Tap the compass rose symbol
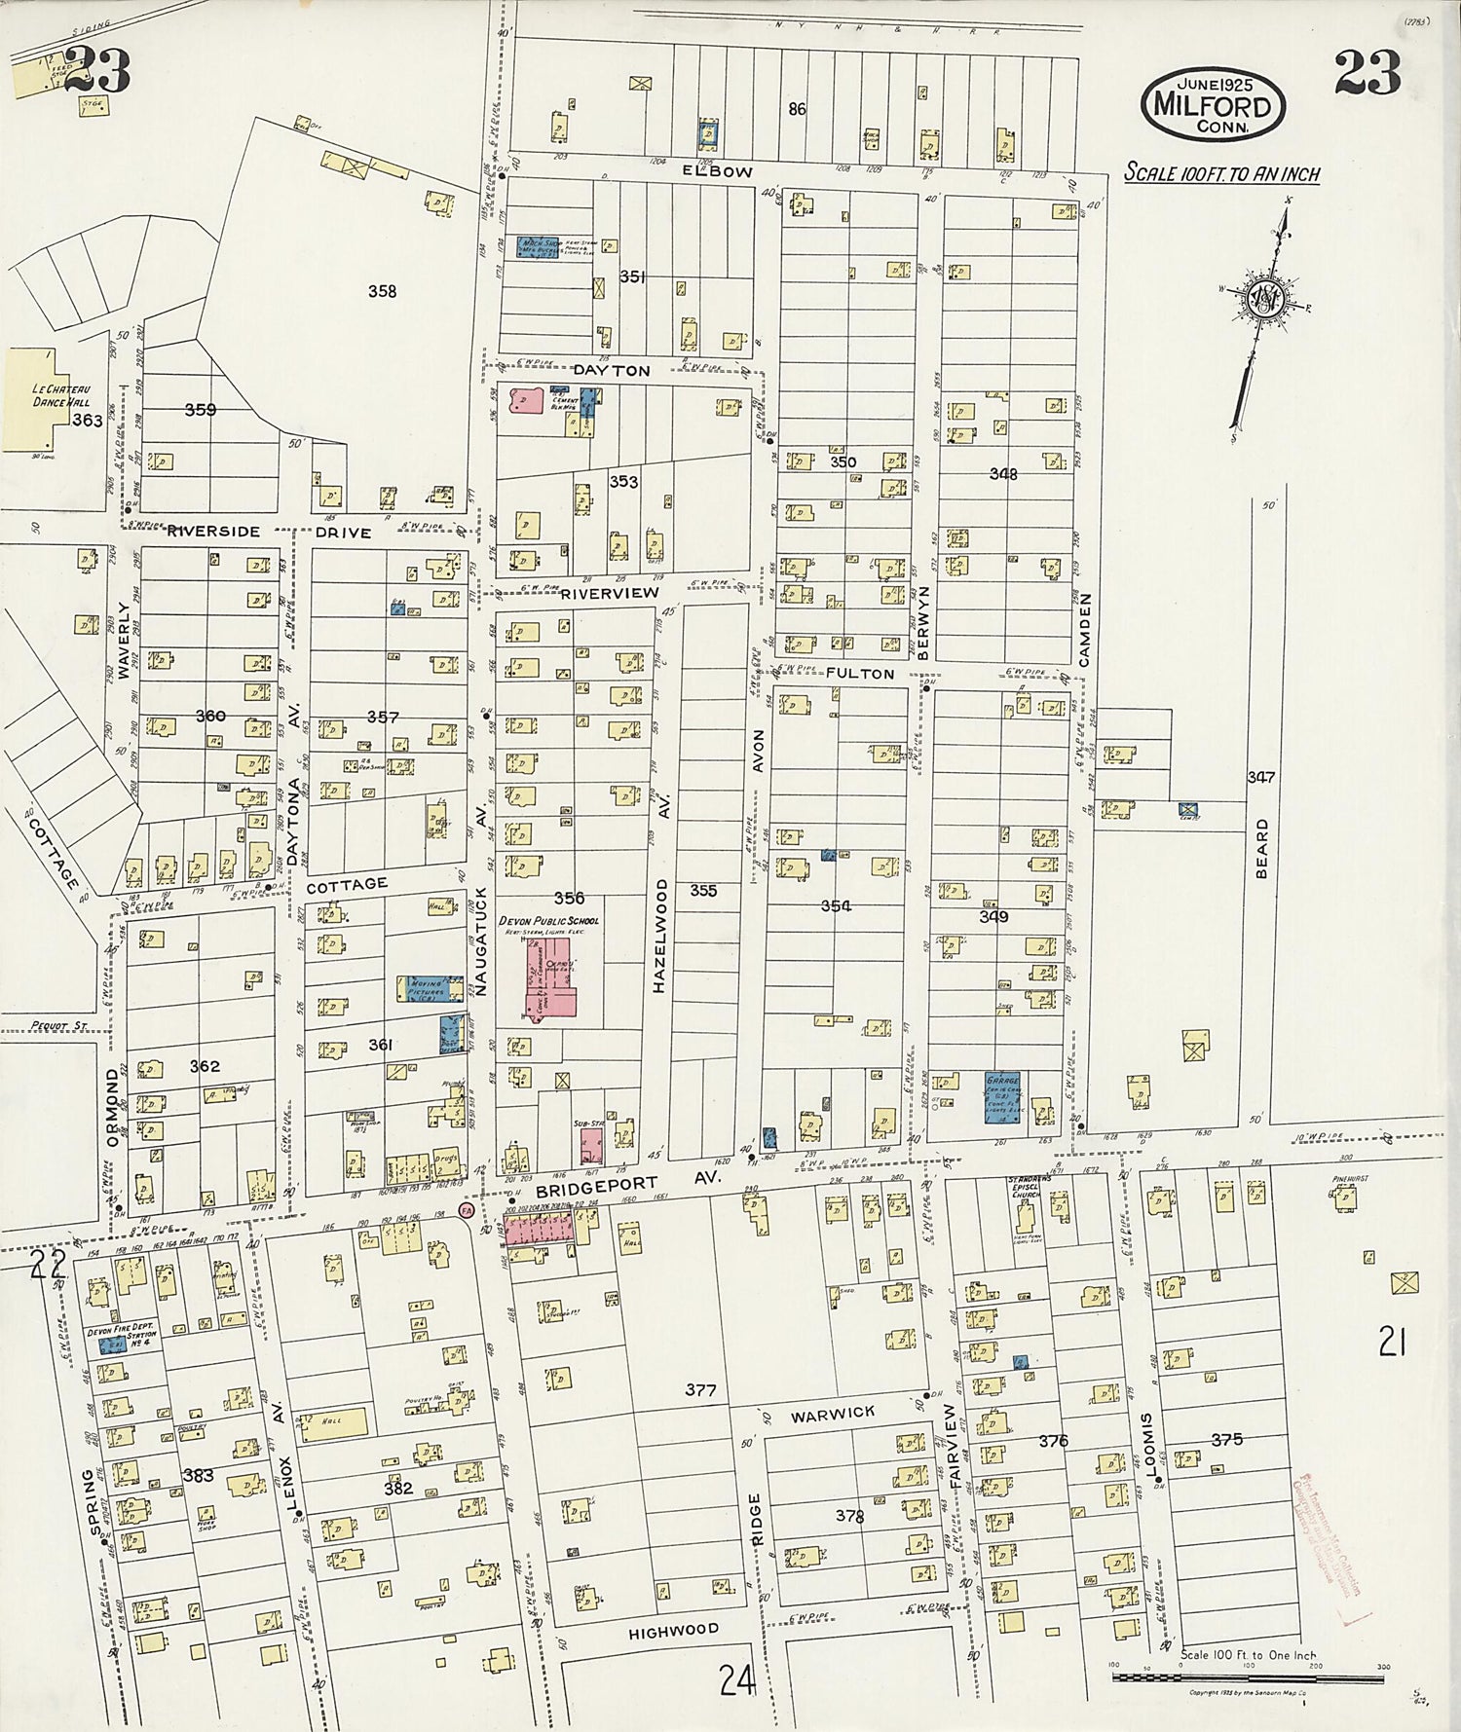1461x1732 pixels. pos(1263,299)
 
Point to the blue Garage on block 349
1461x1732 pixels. pos(1002,1097)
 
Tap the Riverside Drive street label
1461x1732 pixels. pos(267,533)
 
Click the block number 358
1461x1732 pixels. pos(382,290)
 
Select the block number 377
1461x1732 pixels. pos(700,1390)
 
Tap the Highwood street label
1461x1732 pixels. pos(674,1629)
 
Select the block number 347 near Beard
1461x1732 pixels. pos(1260,777)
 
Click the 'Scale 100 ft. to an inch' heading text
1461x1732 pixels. pos(1222,174)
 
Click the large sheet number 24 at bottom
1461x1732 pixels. pos(737,1678)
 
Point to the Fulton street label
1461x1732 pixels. pos(860,674)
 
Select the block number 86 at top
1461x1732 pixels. pos(797,110)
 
